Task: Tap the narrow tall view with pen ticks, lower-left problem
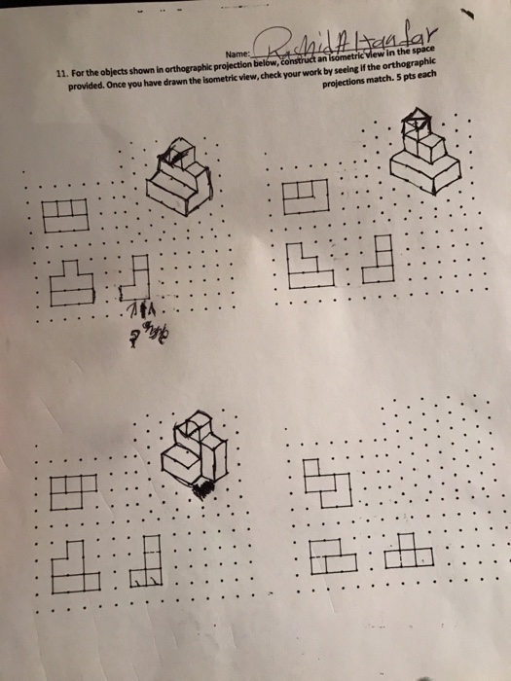click(149, 564)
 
